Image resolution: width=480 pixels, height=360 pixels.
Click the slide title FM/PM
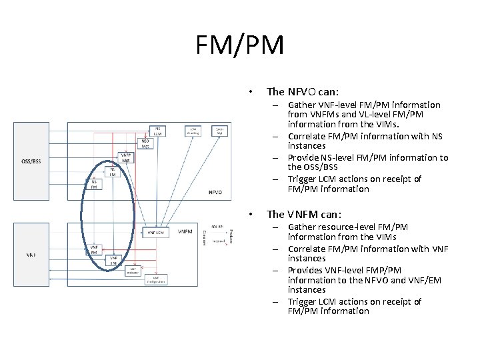(240, 45)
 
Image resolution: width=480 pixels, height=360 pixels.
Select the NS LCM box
(158, 131)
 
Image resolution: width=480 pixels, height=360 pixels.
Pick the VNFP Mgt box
(125, 158)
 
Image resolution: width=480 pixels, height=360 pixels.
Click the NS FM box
(113, 171)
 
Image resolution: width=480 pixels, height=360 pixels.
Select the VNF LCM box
(158, 233)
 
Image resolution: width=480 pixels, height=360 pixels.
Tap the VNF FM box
(114, 260)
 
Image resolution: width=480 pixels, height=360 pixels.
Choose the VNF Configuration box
(155, 279)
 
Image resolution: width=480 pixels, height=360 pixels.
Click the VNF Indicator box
(133, 270)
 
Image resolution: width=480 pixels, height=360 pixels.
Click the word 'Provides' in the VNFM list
(305, 269)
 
